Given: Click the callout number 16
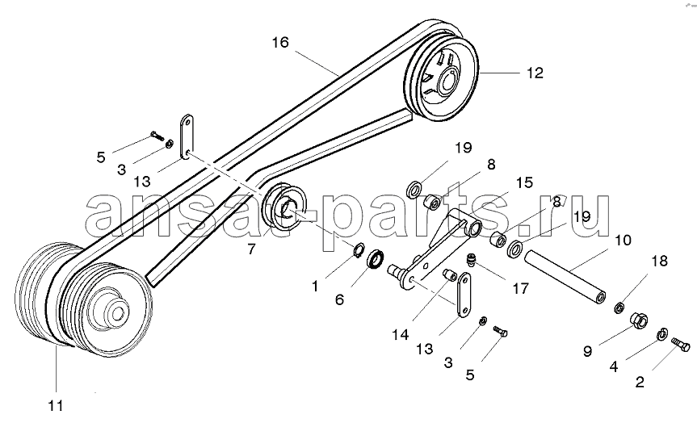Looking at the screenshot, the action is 280,43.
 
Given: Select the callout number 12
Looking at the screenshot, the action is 535,73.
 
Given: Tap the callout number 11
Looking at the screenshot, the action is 56,406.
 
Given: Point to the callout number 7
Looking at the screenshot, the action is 252,249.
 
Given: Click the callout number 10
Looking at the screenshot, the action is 623,241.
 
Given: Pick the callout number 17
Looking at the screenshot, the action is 520,288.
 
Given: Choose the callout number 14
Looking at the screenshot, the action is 400,335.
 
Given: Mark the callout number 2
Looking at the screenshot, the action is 640,382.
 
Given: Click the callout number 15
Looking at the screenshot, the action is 524,182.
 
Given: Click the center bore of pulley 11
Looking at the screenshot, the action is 118,313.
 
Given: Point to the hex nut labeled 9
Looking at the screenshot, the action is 639,320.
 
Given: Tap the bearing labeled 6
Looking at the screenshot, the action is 376,259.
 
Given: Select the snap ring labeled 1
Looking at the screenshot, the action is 359,250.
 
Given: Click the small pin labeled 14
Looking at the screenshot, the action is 451,275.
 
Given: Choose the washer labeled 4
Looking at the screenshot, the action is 662,334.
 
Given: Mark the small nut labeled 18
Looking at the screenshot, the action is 619,307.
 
